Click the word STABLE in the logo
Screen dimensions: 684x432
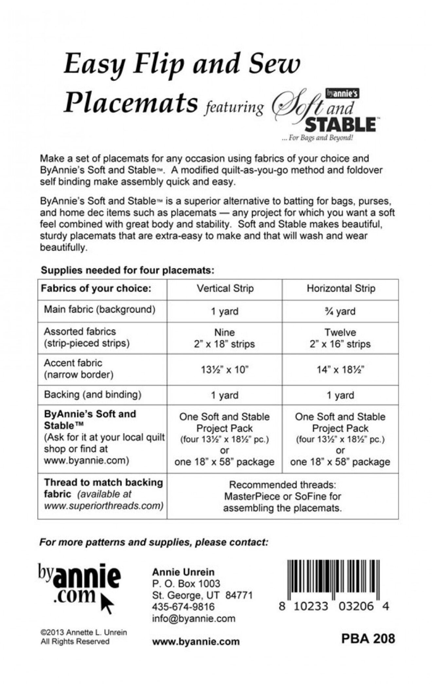click(340, 124)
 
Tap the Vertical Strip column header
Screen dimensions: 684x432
click(225, 288)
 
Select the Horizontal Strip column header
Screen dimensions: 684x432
click(341, 288)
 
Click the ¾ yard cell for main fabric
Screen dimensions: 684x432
click(340, 311)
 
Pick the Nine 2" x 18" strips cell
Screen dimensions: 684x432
click(225, 338)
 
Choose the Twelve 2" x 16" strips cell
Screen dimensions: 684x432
click(340, 338)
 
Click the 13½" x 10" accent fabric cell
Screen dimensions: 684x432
click(225, 370)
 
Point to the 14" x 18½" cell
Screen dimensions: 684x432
click(340, 370)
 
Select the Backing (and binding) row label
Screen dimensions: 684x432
click(93, 395)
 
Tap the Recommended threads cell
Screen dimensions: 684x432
click(282, 496)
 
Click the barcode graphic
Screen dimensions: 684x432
click(333, 579)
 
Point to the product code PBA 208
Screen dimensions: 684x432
click(368, 638)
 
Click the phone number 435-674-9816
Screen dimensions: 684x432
click(183, 607)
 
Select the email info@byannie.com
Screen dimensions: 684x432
click(193, 619)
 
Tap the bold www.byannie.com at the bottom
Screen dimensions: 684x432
click(196, 641)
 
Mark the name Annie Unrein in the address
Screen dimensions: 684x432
click(183, 572)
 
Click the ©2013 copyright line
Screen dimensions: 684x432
click(83, 632)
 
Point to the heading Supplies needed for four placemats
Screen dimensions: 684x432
click(127, 270)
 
